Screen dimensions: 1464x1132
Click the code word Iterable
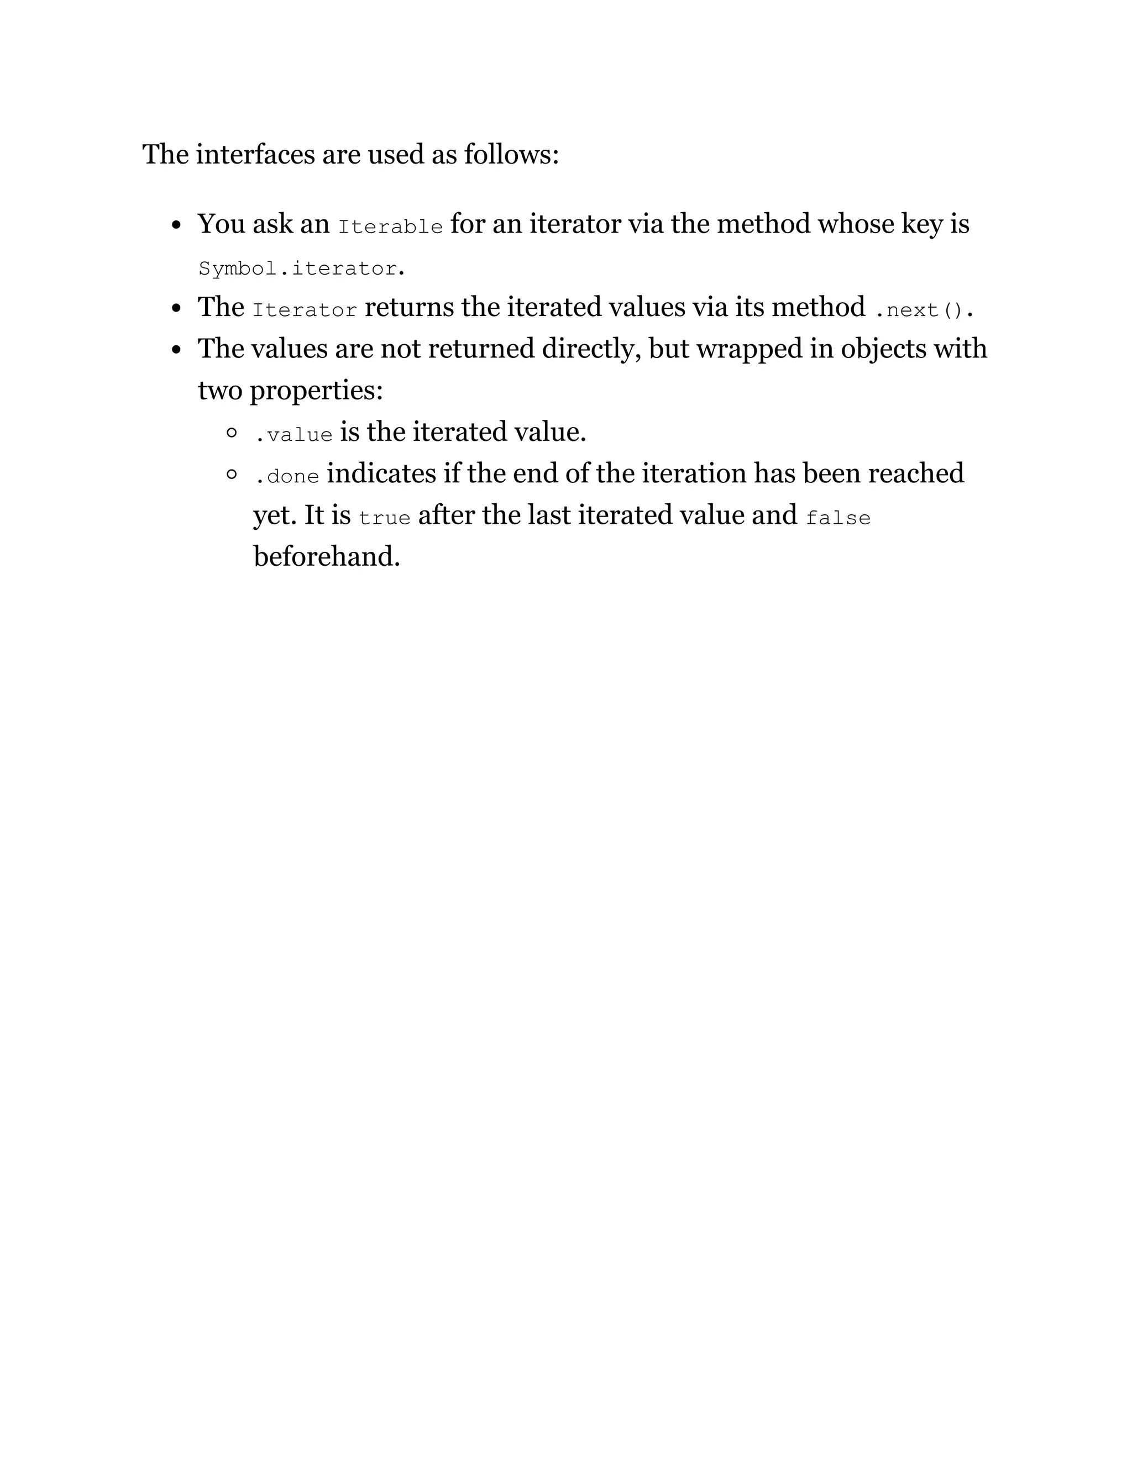click(x=390, y=227)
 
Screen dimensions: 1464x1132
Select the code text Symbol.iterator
click(x=298, y=269)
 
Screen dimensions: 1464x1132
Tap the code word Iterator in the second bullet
click(x=305, y=310)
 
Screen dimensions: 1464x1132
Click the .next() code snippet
click(x=919, y=310)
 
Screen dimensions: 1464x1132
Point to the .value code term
click(x=293, y=435)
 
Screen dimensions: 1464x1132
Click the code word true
click(x=384, y=518)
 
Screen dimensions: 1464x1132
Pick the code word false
click(x=837, y=518)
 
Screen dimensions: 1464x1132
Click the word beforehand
click(x=326, y=556)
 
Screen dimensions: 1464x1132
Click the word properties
click(x=316, y=391)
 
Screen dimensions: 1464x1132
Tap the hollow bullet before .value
click(x=232, y=433)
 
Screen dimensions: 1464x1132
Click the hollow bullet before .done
click(x=232, y=475)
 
